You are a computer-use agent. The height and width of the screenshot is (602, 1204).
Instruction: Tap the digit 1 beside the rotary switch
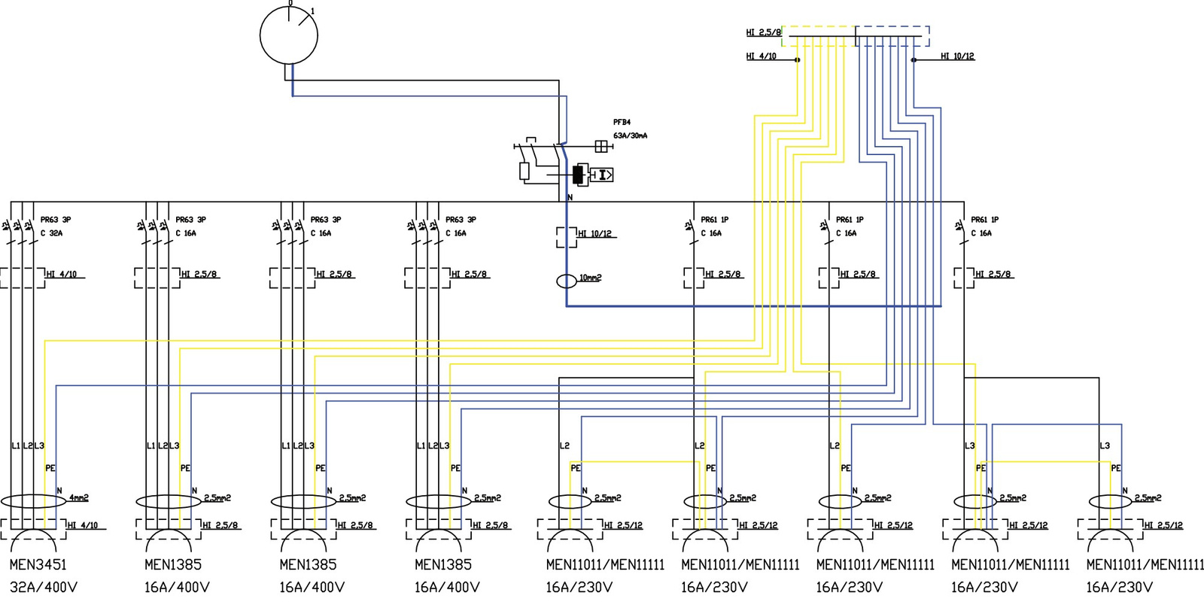point(313,11)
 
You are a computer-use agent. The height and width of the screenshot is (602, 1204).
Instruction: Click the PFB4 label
point(622,122)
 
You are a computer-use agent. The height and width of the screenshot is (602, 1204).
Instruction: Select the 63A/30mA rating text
point(630,136)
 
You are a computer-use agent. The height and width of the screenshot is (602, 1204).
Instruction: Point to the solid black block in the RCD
point(578,175)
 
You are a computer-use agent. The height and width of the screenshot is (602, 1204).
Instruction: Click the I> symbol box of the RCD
point(602,175)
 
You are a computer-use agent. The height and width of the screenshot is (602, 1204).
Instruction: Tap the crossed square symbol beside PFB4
point(601,146)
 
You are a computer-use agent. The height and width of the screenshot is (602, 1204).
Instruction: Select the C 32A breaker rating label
point(52,233)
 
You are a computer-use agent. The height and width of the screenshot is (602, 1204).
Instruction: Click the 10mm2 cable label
point(591,278)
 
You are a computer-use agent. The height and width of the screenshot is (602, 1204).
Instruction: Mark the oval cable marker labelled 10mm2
point(567,281)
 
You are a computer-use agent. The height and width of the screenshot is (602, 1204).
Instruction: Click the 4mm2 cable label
point(79,497)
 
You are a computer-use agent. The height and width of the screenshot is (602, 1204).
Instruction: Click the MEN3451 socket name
point(38,564)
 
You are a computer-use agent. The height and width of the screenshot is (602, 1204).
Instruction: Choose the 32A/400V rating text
point(44,587)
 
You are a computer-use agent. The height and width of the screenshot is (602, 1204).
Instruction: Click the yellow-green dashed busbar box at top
point(819,35)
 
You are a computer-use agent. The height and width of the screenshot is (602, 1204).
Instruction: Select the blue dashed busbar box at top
point(892,35)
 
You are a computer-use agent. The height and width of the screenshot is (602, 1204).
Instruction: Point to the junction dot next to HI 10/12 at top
point(914,59)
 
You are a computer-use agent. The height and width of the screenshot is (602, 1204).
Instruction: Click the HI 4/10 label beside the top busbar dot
point(761,56)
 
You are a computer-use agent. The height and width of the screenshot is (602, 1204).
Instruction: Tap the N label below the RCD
point(570,197)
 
